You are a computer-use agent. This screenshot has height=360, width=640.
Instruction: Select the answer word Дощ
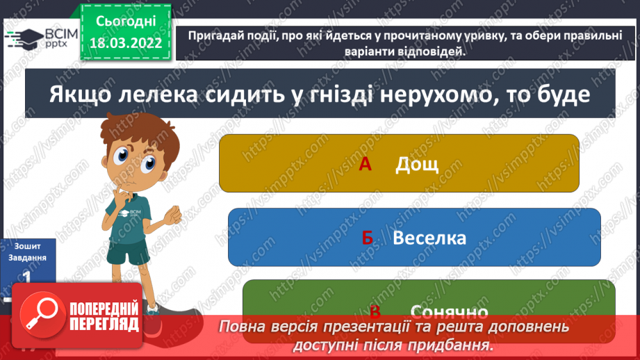[417, 165]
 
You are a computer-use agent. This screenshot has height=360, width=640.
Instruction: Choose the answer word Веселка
[429, 238]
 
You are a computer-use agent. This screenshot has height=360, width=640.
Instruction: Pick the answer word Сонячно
[449, 311]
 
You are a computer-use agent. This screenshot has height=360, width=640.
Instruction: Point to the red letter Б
[368, 238]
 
